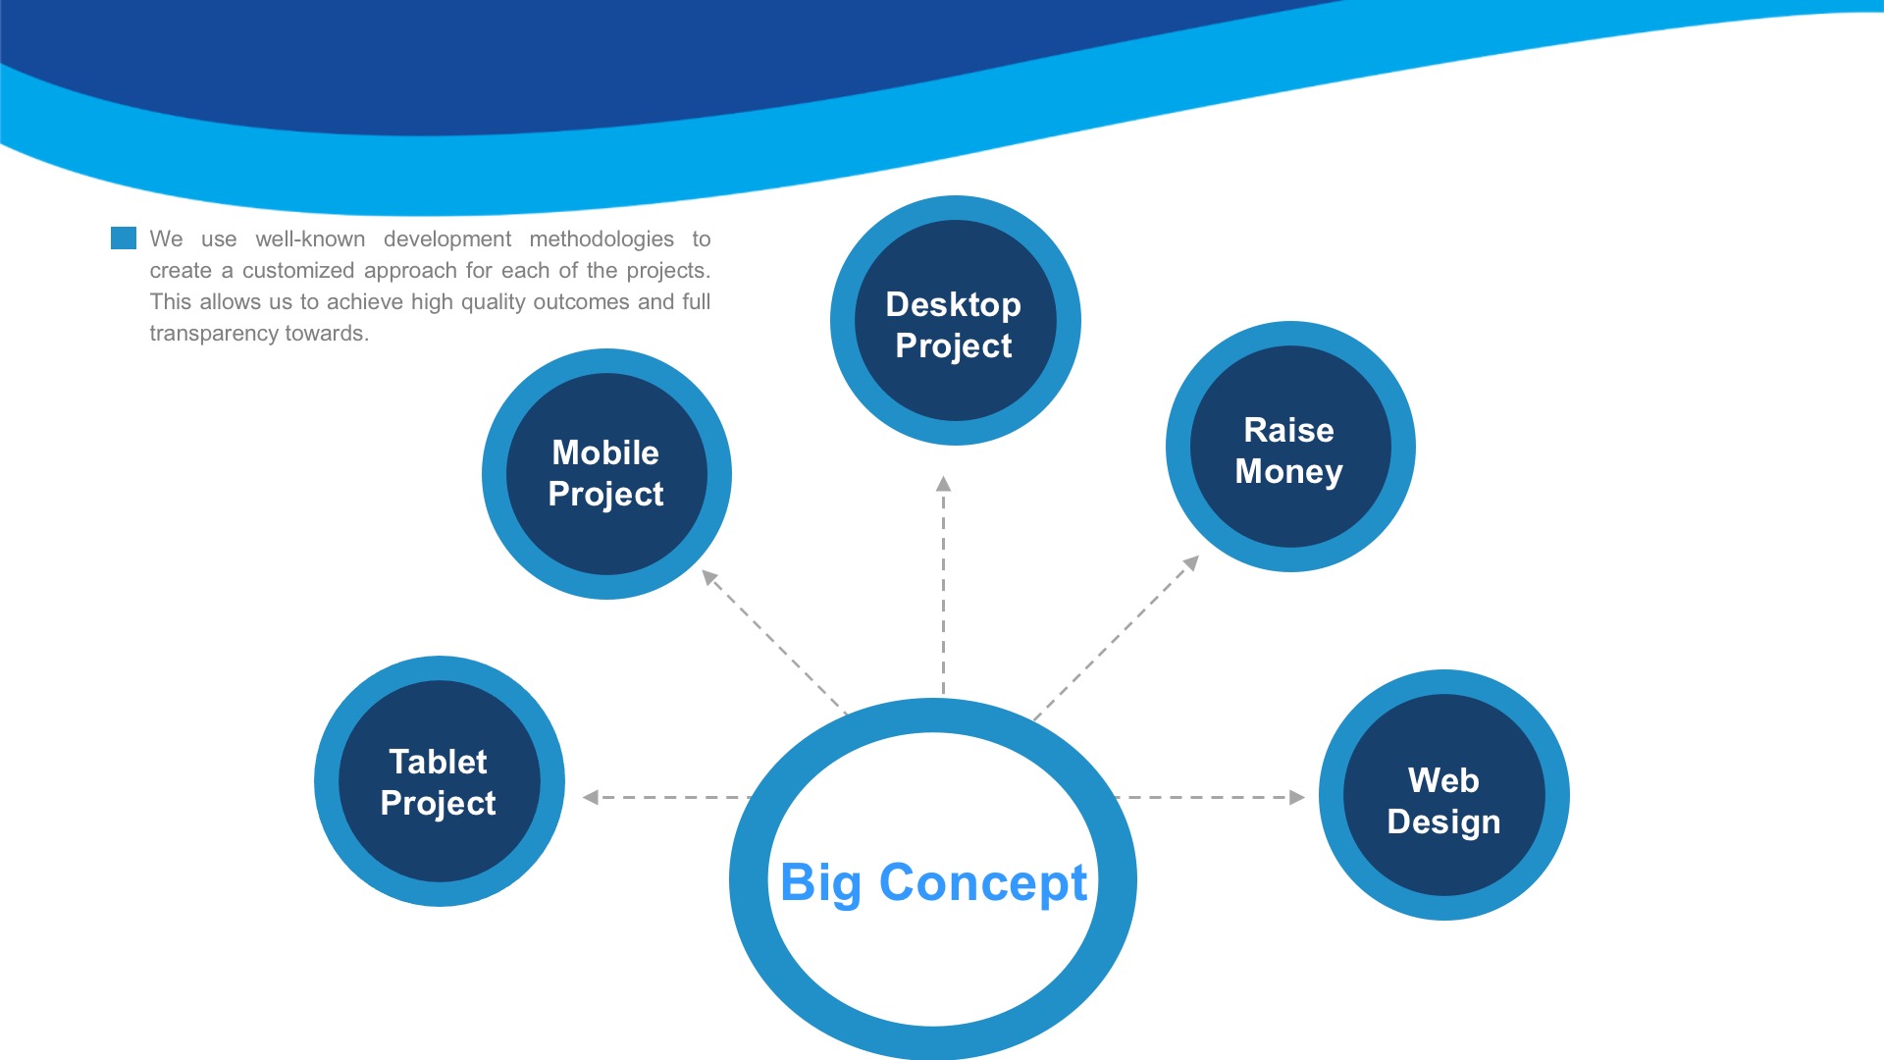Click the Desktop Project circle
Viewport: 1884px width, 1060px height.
(956, 321)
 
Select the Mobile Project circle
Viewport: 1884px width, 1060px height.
(606, 474)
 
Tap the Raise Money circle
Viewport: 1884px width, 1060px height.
(1290, 447)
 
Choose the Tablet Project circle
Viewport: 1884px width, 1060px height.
(440, 781)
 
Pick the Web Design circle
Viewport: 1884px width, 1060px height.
(1444, 795)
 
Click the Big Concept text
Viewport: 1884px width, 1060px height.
(933, 882)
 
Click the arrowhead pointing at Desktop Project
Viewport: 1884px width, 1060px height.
(943, 483)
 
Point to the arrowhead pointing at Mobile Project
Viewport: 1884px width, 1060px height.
(710, 577)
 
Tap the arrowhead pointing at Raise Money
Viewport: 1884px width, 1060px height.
(1191, 563)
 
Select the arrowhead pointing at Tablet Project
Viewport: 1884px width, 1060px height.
(590, 797)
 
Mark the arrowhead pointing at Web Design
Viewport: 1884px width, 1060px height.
(1297, 797)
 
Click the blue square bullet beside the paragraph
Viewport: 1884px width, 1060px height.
(124, 238)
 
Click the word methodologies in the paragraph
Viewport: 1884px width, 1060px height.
(602, 239)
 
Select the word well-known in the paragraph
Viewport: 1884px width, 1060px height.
(310, 239)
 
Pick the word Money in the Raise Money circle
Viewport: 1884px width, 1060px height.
(1289, 472)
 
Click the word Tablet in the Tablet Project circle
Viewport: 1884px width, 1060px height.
(438, 762)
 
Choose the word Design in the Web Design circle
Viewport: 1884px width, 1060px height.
(1444, 822)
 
